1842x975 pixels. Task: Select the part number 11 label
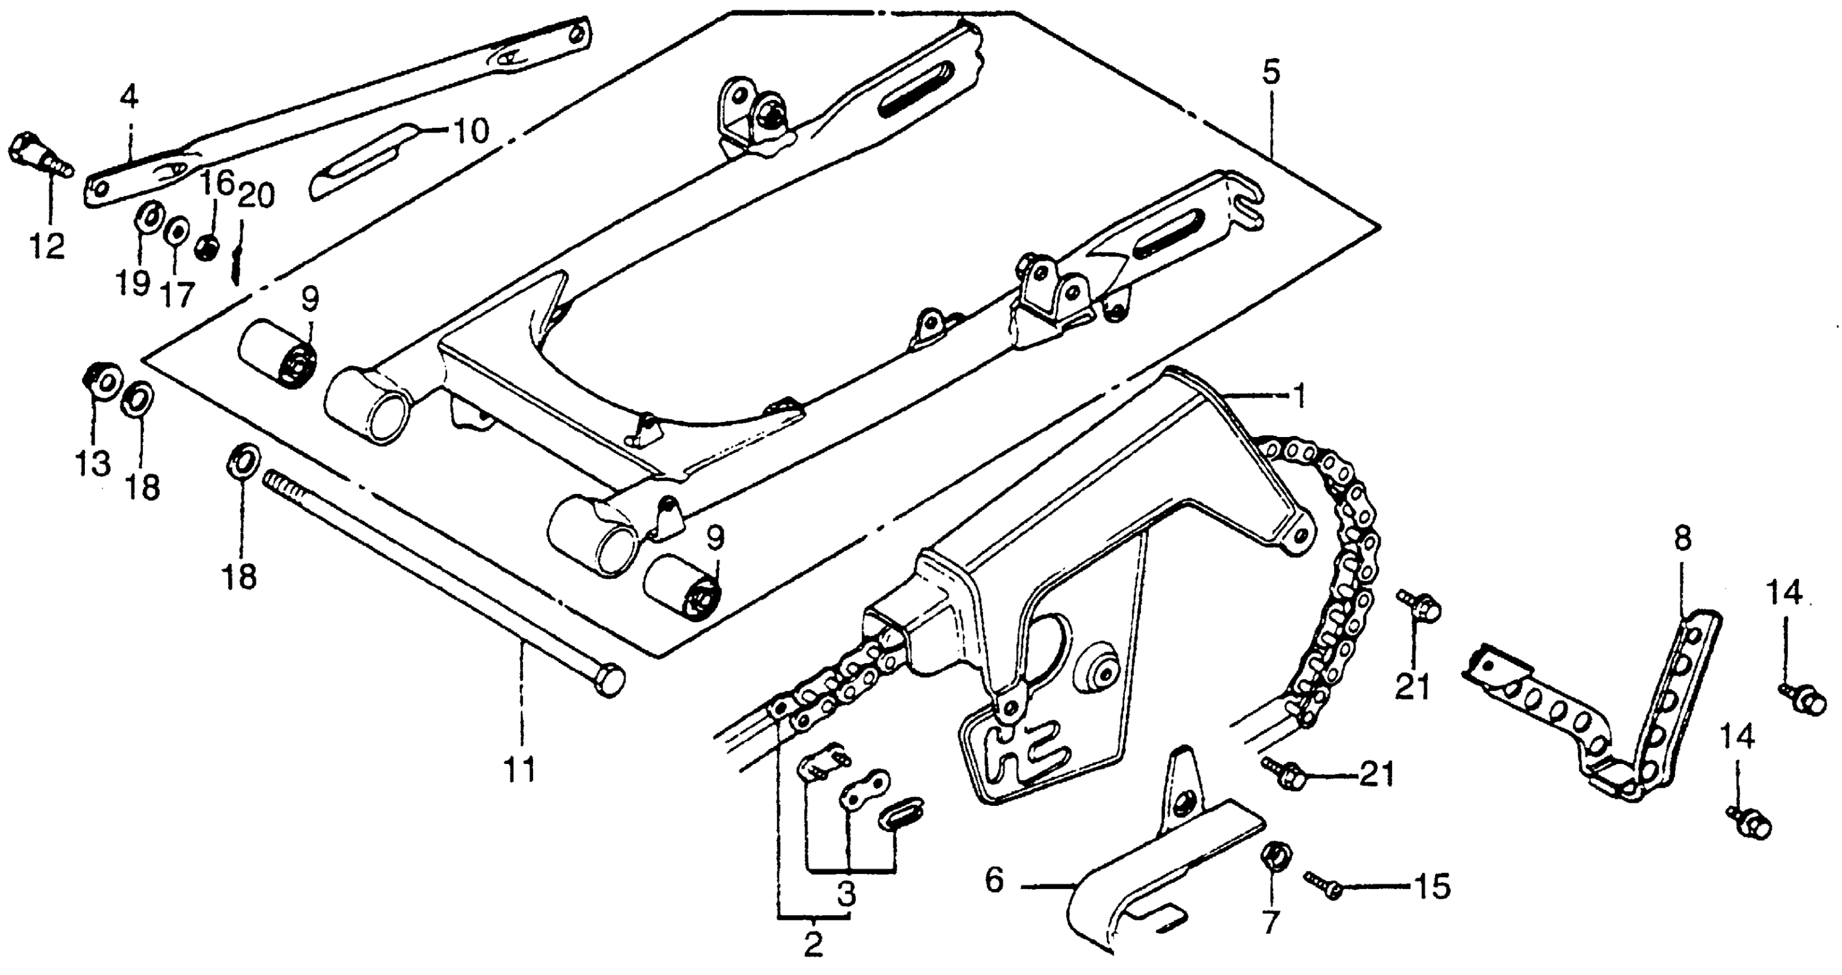pos(521,770)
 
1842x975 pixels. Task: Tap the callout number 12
pos(46,246)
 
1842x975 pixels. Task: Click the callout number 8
pos(1683,539)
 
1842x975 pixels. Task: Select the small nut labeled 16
pos(208,248)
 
